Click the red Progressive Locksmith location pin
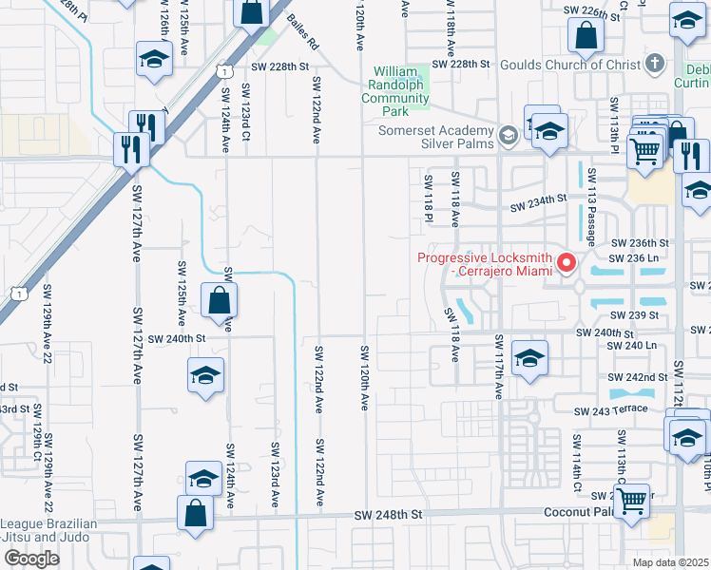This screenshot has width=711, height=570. pyautogui.click(x=567, y=262)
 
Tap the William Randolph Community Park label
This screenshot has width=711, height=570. pyautogui.click(x=402, y=91)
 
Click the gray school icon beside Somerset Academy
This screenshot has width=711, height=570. pyautogui.click(x=508, y=137)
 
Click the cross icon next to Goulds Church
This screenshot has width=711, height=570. pyautogui.click(x=653, y=64)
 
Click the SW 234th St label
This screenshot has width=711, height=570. pyautogui.click(x=537, y=203)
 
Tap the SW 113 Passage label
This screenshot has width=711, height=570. pyautogui.click(x=591, y=206)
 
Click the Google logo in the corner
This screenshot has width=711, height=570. pyautogui.click(x=31, y=559)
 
